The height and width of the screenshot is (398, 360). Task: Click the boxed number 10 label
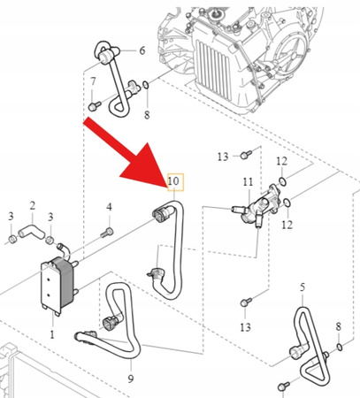point(173,183)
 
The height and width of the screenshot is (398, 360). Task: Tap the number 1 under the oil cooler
point(52,335)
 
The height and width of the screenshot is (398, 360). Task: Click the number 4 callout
point(110,208)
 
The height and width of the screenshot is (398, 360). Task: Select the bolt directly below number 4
point(109,232)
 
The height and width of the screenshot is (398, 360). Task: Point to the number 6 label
point(142,51)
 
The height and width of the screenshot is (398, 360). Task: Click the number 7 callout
point(94,82)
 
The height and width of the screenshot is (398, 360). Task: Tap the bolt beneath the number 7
point(93,105)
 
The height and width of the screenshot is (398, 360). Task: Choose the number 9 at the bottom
point(131,379)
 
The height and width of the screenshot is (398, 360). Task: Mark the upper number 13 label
point(223,157)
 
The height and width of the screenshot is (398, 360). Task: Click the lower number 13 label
point(245,328)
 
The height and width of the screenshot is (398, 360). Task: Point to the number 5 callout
point(302,287)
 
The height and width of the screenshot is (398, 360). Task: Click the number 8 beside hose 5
point(339,327)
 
